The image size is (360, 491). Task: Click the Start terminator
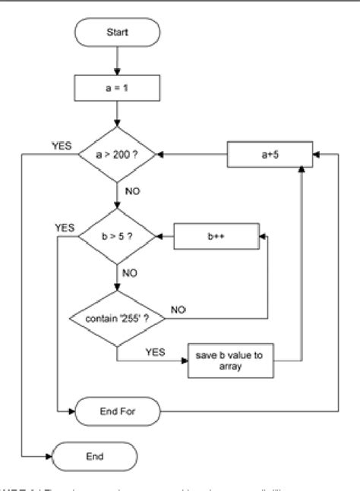117,33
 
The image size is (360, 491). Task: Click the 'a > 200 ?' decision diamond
117,154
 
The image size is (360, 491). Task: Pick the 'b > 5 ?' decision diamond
117,237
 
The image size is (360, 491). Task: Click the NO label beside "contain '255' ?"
179,310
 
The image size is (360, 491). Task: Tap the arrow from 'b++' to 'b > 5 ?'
166,237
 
